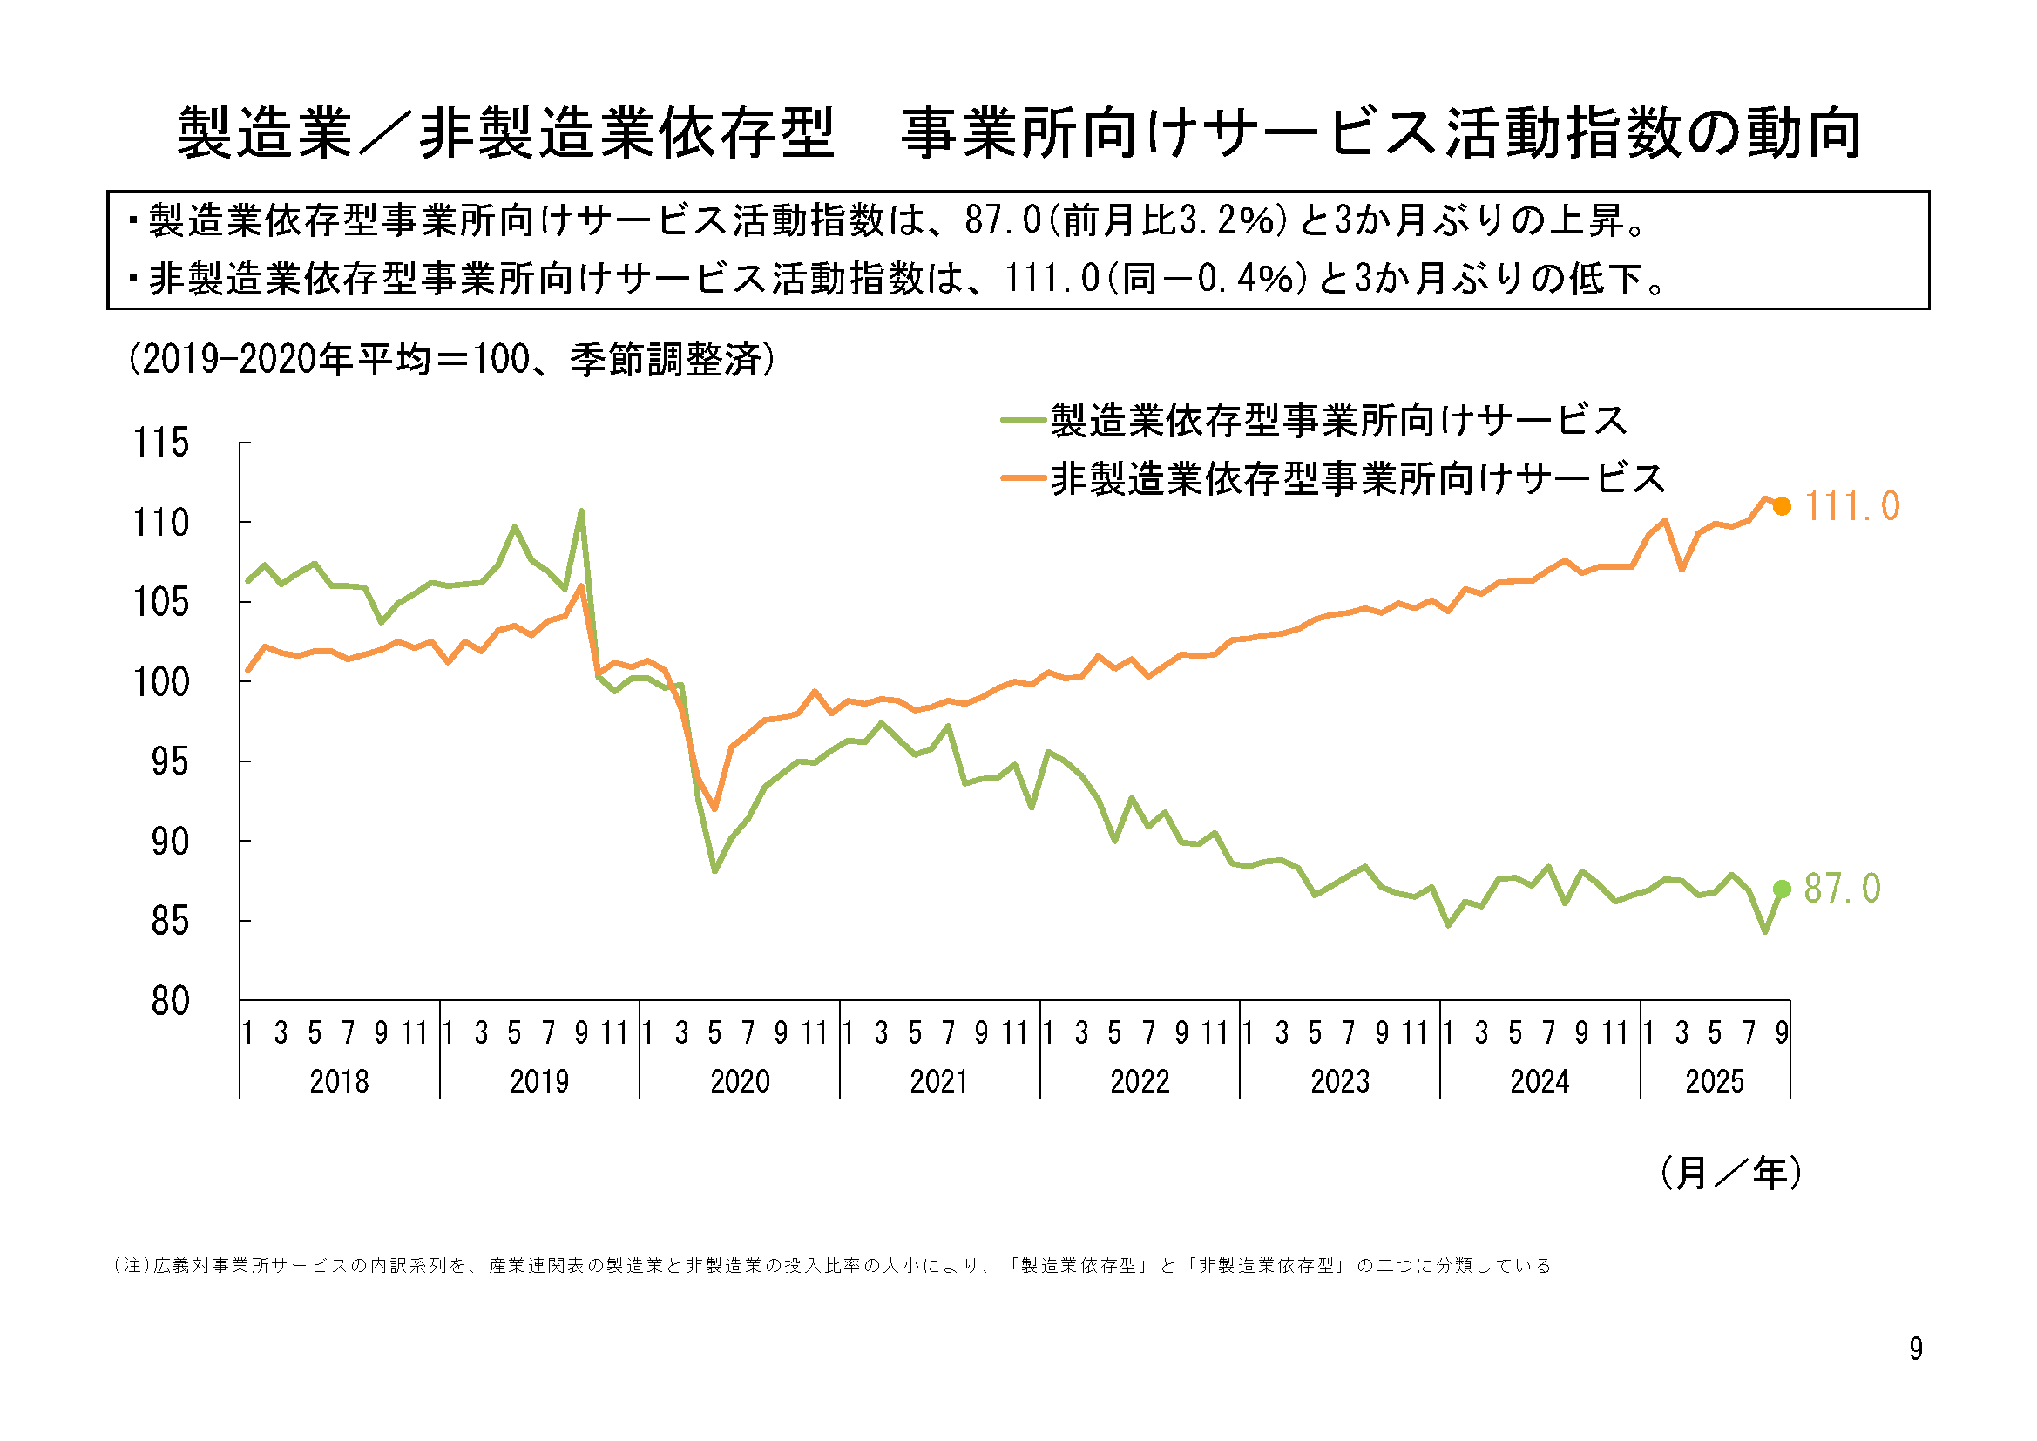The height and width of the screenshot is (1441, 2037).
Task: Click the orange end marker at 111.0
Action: pos(1782,507)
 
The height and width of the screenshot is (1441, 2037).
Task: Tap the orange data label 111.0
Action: pos(1851,507)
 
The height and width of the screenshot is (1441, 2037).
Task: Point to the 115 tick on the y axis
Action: pos(160,442)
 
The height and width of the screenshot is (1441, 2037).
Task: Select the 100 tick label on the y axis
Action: pos(160,682)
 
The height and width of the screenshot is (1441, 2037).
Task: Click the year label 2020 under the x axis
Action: pos(740,1082)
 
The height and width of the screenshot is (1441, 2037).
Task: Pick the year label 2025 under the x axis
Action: pos(1714,1082)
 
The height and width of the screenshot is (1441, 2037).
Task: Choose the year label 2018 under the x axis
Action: pos(339,1082)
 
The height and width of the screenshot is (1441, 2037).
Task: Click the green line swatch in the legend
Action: pos(1023,420)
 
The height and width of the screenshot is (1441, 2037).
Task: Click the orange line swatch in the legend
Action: pos(1023,478)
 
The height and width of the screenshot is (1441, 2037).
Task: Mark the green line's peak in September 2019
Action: pos(581,511)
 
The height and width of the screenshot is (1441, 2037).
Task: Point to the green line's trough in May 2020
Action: pos(714,871)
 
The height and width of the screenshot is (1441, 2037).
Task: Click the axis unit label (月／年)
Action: pos(1730,1173)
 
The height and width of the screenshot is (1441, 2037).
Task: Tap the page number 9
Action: pos(1917,1349)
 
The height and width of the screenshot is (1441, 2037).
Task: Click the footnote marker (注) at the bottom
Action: pos(133,1265)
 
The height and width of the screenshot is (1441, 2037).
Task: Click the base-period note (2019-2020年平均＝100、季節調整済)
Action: pos(451,359)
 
